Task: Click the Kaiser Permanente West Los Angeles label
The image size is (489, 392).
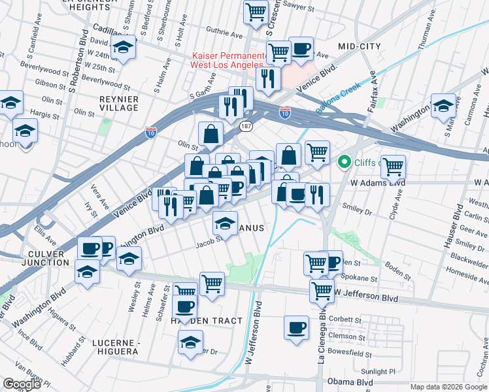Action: click(227, 60)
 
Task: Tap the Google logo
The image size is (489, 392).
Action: click(22, 384)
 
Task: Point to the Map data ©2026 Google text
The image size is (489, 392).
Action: click(448, 387)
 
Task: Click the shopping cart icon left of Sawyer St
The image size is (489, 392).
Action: click(256, 11)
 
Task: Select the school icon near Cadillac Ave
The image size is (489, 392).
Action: click(122, 46)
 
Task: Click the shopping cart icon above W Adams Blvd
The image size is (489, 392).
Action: click(393, 167)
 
